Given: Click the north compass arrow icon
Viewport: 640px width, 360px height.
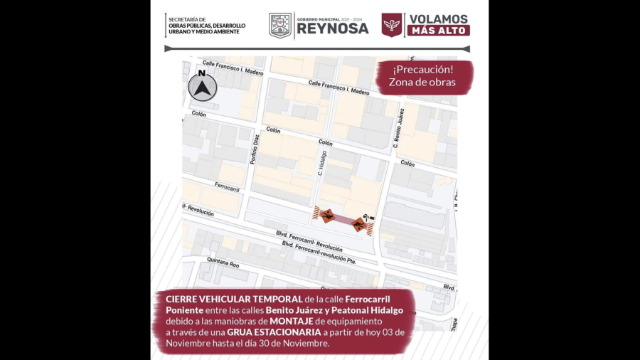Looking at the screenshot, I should [202, 88].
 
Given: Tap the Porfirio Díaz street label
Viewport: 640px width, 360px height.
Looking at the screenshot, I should [255, 150].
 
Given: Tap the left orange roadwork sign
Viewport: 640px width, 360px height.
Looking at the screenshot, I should [327, 216].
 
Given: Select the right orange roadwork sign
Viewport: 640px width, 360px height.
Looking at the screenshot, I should [359, 226].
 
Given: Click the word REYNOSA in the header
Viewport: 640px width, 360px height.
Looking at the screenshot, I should [332, 28].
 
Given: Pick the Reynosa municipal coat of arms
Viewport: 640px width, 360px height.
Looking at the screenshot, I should [280, 26].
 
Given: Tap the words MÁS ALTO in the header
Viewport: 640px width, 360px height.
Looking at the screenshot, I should [438, 31].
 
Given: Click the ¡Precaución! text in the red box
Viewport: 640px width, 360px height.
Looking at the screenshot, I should [422, 69].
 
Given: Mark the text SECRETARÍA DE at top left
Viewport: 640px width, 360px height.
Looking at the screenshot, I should [187, 19].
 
